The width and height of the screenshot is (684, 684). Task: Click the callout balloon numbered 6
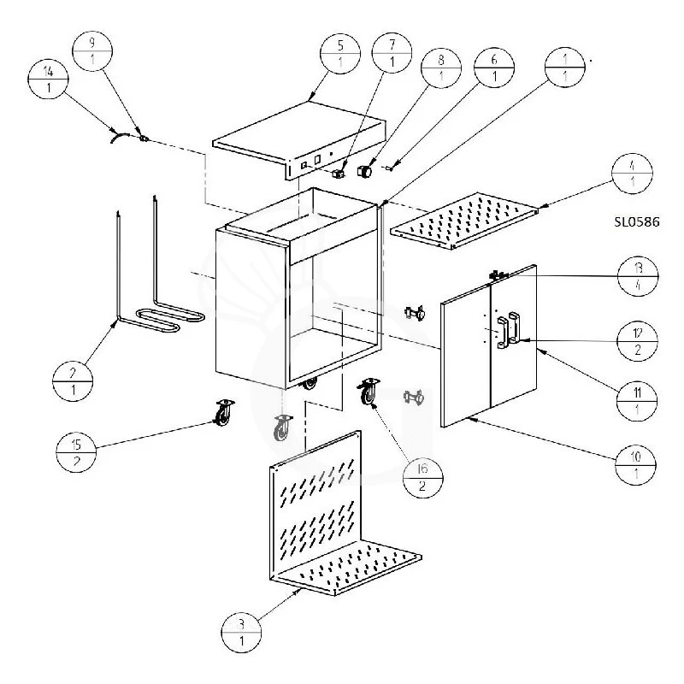pos(492,66)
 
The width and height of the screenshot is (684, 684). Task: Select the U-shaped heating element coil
pos(162,321)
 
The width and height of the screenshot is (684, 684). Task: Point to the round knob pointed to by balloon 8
pos(365,171)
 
